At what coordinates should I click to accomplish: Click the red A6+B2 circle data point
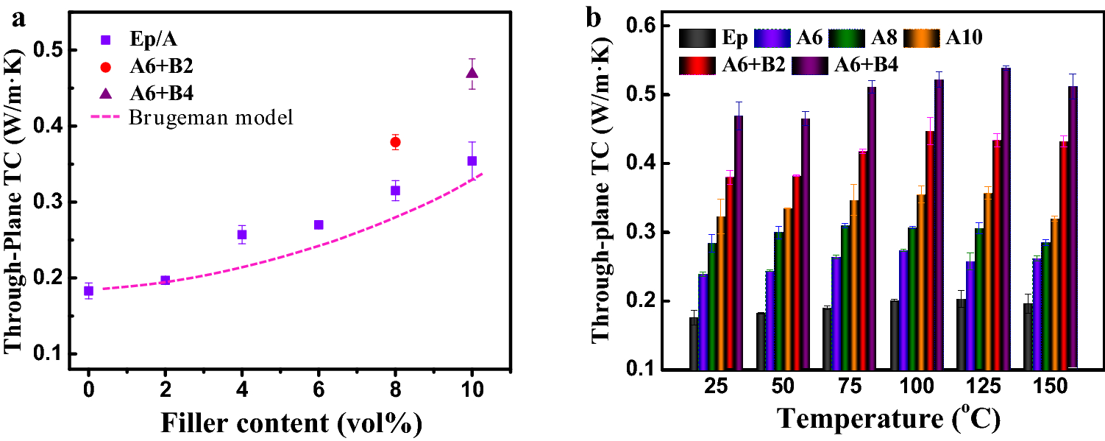(396, 142)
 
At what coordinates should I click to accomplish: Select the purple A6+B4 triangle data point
(472, 73)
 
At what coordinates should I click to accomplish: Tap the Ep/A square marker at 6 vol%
(319, 225)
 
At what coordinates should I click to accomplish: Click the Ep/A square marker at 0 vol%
(88, 291)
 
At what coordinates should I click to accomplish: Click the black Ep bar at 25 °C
(694, 343)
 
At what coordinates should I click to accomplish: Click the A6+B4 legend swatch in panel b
(809, 64)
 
